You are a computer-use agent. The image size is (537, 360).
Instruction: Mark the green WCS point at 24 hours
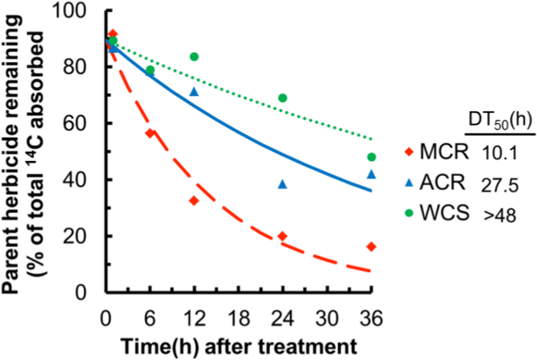pos(283,97)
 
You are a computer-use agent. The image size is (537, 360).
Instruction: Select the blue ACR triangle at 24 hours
pos(283,184)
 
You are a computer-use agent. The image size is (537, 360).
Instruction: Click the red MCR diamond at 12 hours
pos(194,201)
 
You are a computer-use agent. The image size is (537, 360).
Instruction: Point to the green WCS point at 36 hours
pos(371,157)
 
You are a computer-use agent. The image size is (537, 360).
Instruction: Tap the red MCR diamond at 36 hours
pos(371,246)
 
